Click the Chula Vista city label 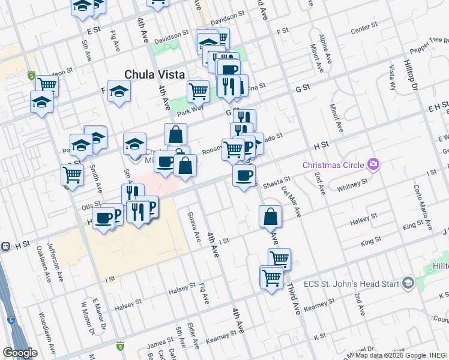coord(153,74)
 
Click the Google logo coord(20,353)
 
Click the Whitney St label coord(352,184)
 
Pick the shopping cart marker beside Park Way coord(198,92)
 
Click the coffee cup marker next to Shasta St coord(244,175)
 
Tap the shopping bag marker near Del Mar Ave coord(271,217)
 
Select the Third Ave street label coord(294,299)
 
